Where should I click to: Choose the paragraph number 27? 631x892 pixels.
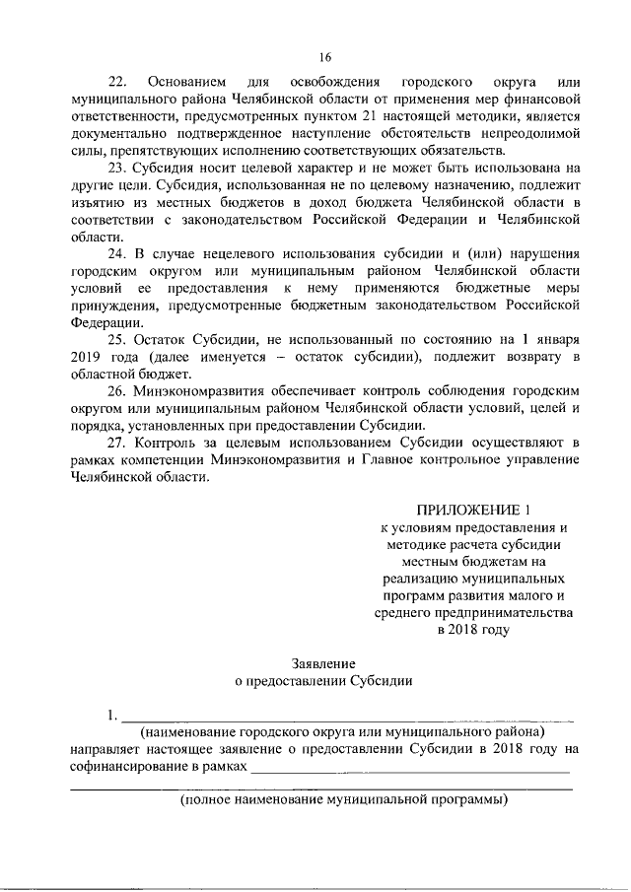[x=118, y=443]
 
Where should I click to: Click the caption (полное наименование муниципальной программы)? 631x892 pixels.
[x=343, y=800]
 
